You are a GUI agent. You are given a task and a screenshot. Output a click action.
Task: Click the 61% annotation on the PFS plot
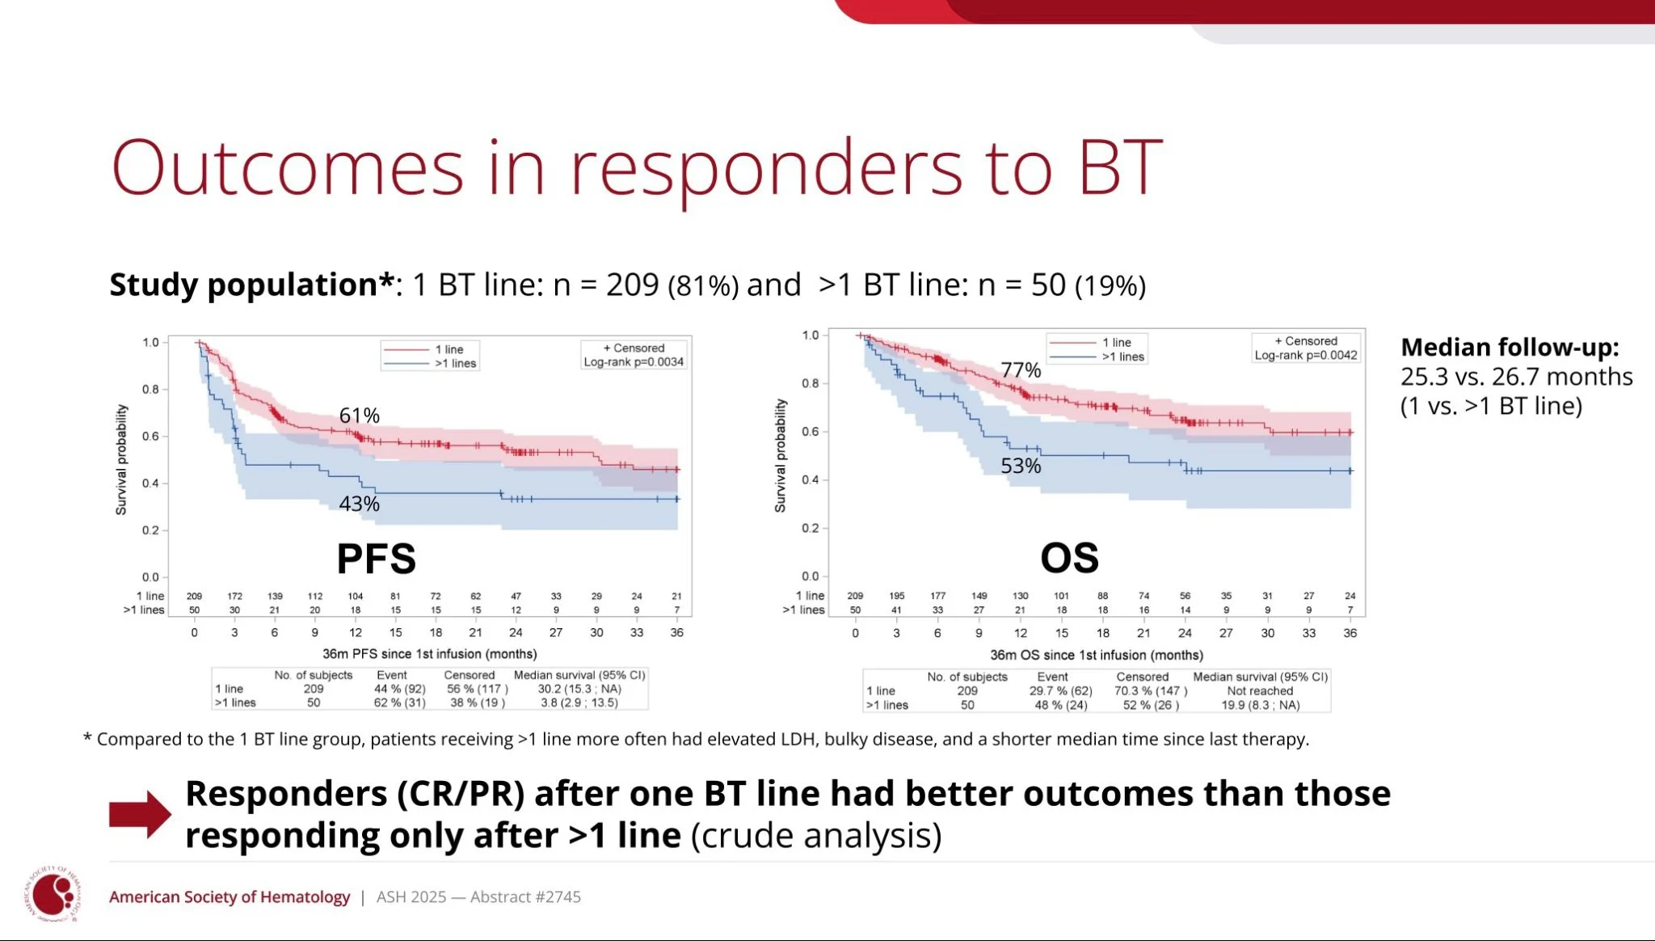tap(359, 416)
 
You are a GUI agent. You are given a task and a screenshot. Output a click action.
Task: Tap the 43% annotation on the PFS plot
tap(359, 504)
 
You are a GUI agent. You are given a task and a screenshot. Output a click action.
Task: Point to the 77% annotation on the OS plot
tap(1021, 370)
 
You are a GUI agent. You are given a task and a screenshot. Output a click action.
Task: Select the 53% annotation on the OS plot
tap(1021, 466)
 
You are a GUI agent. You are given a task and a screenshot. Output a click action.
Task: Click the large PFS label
tap(376, 559)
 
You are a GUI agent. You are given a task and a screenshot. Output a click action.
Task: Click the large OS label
tap(1069, 558)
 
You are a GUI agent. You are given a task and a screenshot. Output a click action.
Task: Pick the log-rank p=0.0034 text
tap(634, 362)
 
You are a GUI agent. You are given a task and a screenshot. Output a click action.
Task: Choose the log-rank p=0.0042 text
tap(1306, 355)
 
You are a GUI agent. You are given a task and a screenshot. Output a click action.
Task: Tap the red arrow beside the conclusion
tap(140, 814)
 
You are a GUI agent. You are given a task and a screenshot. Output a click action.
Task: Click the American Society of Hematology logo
tap(53, 894)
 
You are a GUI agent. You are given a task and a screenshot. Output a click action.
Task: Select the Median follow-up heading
tap(1510, 347)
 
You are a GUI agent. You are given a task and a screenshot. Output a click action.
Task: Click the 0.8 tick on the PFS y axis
tap(150, 389)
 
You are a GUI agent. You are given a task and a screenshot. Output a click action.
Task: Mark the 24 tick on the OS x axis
tap(1185, 633)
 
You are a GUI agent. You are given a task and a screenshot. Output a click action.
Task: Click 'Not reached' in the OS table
tap(1260, 691)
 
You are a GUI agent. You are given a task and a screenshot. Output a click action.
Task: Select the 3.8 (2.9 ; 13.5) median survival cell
tap(579, 703)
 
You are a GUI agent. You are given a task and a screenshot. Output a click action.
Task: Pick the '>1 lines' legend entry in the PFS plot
tap(455, 363)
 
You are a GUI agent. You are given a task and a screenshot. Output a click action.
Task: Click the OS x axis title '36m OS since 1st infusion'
tap(1097, 655)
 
